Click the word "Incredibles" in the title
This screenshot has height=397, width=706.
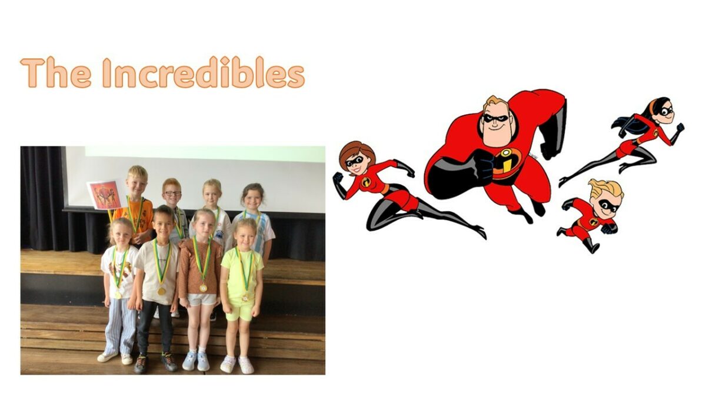tap(204, 72)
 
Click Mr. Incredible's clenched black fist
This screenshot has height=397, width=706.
tap(482, 165)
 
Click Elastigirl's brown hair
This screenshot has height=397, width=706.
tap(355, 152)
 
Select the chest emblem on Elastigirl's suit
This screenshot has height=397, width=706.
tap(365, 182)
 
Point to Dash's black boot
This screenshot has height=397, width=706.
tap(590, 245)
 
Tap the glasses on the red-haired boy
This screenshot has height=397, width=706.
tap(173, 193)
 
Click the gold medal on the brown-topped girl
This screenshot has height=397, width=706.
tap(204, 288)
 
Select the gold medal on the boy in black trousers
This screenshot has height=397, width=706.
tap(162, 291)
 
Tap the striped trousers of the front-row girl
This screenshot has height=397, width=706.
tap(120, 326)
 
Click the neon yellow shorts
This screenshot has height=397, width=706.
tap(240, 311)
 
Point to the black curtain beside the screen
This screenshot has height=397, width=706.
tap(42, 199)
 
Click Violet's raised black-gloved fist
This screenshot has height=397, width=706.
tap(680, 127)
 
